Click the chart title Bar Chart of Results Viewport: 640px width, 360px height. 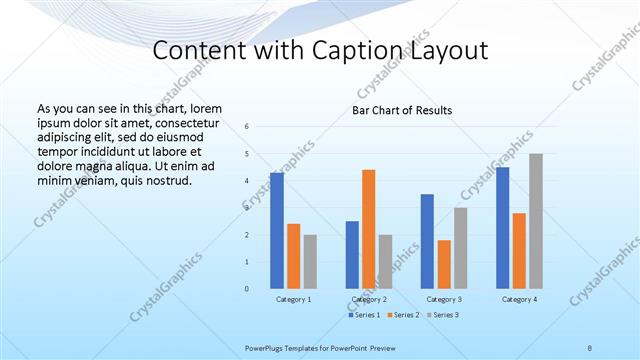click(402, 110)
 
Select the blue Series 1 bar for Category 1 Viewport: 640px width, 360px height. click(277, 231)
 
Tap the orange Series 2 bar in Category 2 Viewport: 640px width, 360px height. click(369, 229)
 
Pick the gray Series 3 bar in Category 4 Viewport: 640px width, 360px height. click(536, 221)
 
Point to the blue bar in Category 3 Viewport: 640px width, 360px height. click(427, 241)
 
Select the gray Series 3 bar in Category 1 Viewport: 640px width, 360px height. click(310, 262)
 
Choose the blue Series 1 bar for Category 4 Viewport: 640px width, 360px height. click(502, 228)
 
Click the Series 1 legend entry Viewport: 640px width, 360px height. click(363, 315)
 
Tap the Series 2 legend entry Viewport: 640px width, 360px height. click(404, 315)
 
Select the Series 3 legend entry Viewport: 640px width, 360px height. click(444, 315)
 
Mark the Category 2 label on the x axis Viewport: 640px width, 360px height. click(369, 299)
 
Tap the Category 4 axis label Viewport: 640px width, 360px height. click(519, 299)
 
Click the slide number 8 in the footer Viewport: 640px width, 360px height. click(590, 348)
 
